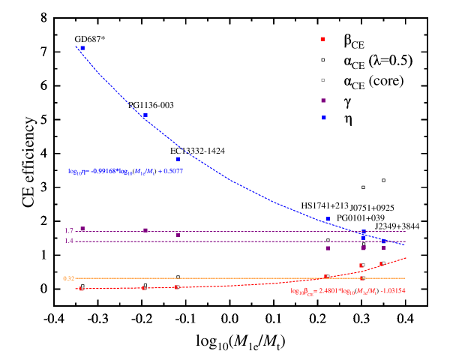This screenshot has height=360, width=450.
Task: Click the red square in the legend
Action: coord(322,39)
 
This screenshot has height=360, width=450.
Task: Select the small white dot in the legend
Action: coord(323,60)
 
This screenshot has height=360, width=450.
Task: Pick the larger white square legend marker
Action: coord(323,79)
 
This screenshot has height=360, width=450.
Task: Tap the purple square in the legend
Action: coord(323,100)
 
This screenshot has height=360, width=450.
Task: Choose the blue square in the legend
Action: coord(324,118)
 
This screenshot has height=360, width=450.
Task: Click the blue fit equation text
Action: coord(126,171)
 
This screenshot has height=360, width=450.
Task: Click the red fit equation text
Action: coord(348,291)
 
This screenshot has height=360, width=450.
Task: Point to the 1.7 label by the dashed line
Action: coord(69,231)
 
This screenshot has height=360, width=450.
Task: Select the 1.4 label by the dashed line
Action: coord(69,241)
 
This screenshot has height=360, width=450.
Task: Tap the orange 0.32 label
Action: coord(68,278)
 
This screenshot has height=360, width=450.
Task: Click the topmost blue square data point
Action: coord(82,48)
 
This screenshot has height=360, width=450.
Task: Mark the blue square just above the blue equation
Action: coord(178,159)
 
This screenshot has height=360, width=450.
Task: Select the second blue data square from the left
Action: coord(145,115)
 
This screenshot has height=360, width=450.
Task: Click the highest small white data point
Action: coord(383,180)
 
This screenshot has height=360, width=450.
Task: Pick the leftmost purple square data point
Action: coord(82,229)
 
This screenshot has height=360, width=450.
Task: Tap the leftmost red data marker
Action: coord(82,288)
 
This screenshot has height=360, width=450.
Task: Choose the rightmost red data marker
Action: coord(382,263)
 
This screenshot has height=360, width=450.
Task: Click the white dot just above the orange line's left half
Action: coord(178,277)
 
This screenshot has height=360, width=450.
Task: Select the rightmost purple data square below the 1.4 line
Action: coord(383,247)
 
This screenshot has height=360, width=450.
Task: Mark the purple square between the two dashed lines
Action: coord(178,235)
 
